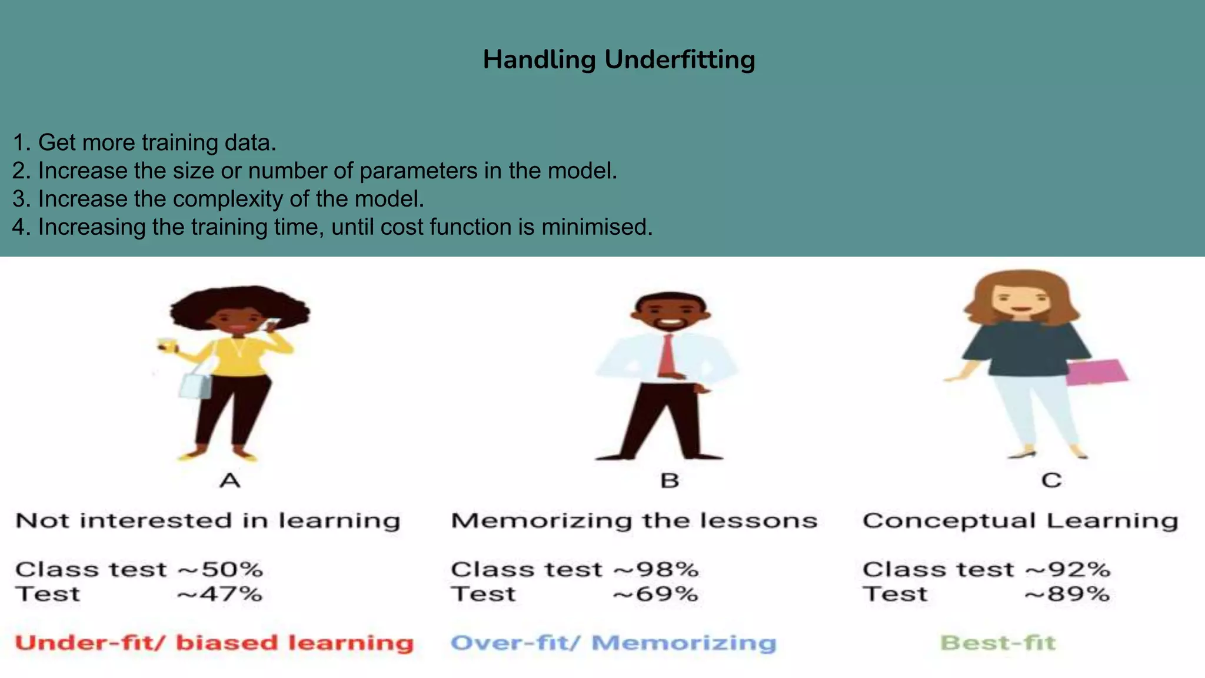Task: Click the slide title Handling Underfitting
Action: click(618, 59)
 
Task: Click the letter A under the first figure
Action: click(230, 481)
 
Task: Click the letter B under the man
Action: click(670, 481)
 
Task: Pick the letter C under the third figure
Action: click(1051, 480)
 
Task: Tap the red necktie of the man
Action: click(667, 355)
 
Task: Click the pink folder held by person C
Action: click(1096, 372)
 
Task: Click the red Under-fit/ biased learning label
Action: click(214, 643)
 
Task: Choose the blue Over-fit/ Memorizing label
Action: click(613, 643)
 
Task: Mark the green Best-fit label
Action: click(998, 643)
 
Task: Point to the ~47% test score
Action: click(219, 594)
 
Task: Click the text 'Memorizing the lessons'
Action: click(634, 521)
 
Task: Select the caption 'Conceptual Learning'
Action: click(1020, 521)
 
